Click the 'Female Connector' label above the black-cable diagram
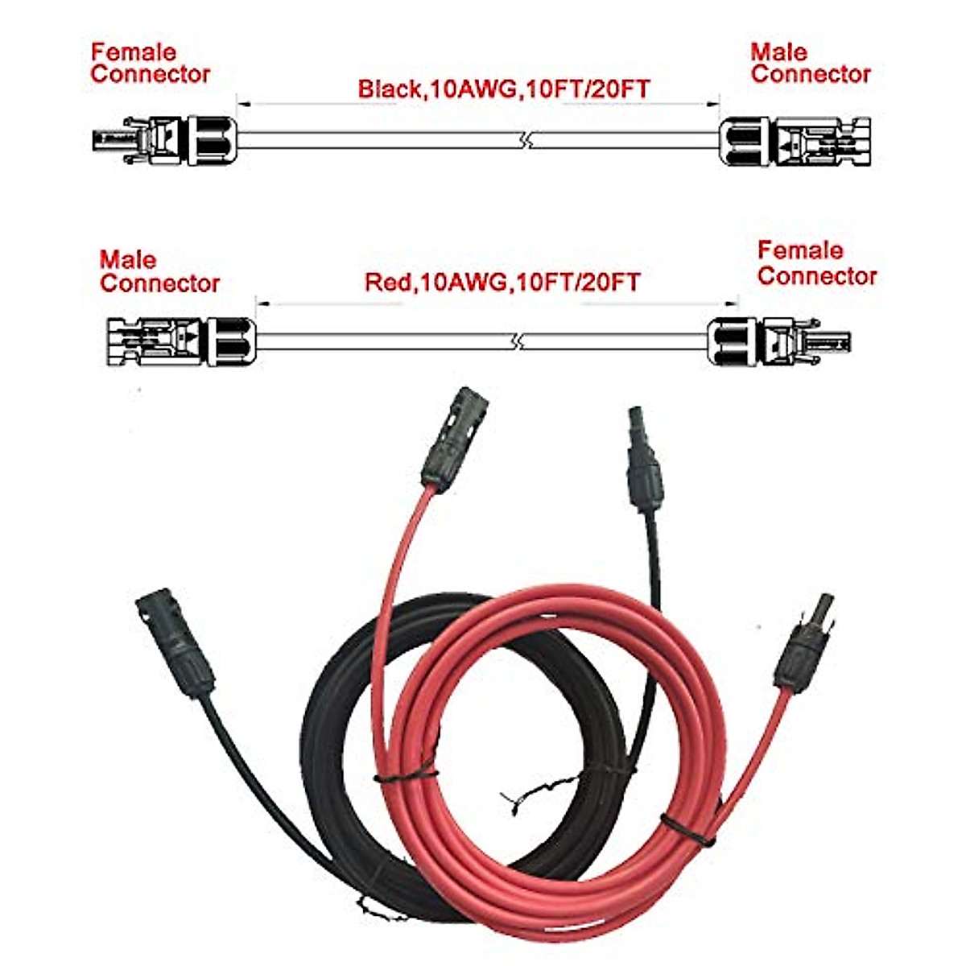click(x=150, y=64)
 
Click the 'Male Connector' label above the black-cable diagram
click(x=810, y=64)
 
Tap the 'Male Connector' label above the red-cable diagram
click(x=159, y=272)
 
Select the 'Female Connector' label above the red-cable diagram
click(x=816, y=263)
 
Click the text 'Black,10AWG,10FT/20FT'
click(x=503, y=89)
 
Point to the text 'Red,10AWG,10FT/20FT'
click(x=502, y=283)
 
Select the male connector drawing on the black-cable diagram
click(x=795, y=142)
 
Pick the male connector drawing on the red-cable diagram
click(x=180, y=342)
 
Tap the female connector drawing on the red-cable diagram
click(x=778, y=341)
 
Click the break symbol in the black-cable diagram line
click(x=524, y=141)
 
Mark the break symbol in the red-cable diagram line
click(x=520, y=343)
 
